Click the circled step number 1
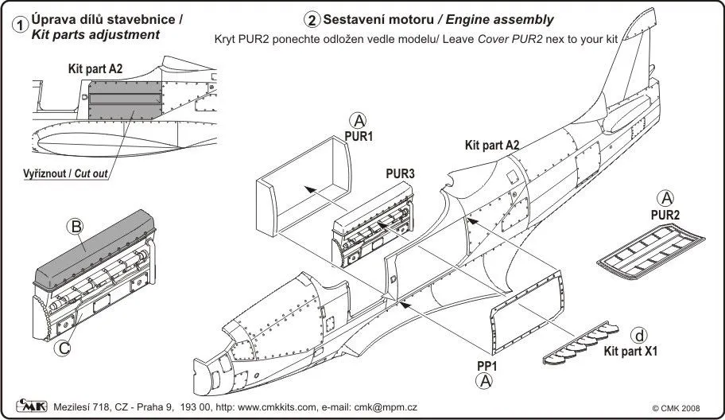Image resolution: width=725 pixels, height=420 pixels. coord(20,24)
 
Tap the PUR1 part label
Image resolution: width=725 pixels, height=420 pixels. coord(359,136)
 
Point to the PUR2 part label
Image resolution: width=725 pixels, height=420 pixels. coord(666,213)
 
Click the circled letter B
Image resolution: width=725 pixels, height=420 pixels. coord(77,228)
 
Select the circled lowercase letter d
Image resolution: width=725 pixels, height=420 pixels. coord(638,334)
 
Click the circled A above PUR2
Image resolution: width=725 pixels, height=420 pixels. coord(666,198)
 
